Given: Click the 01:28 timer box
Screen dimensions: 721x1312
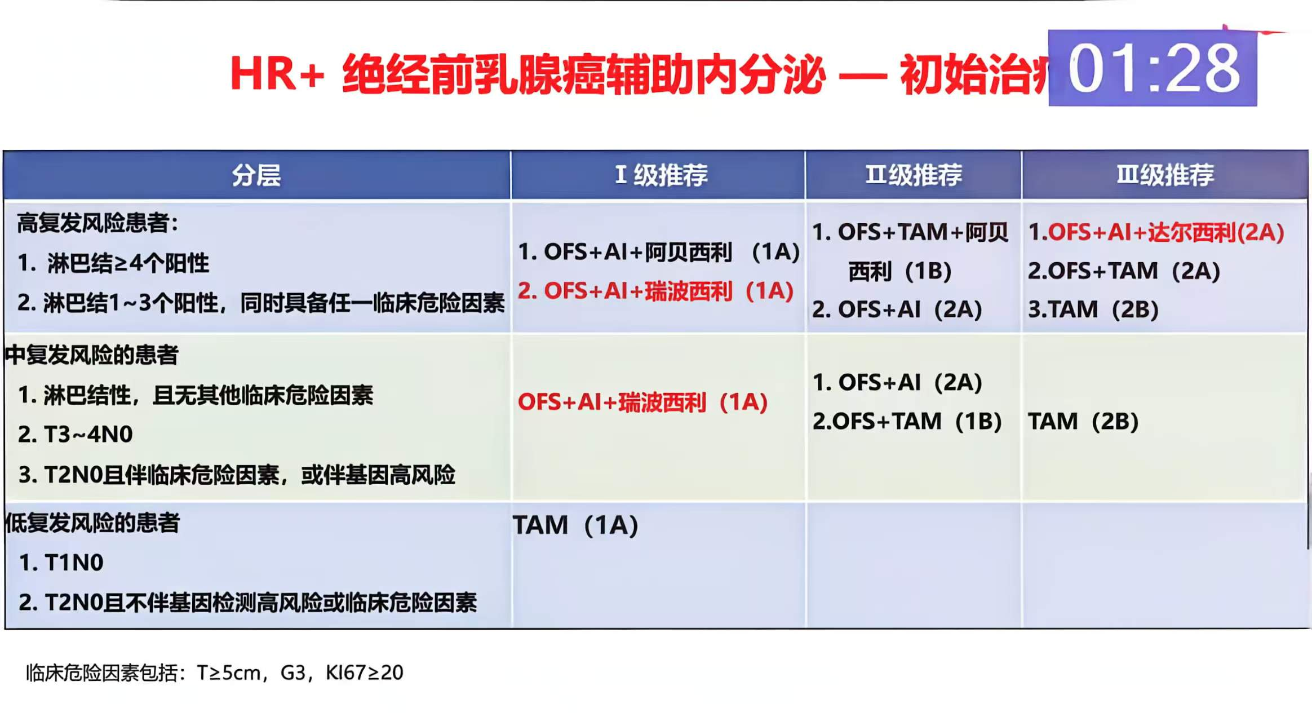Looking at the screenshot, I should point(1152,68).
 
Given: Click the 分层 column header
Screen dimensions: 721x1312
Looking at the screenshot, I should point(256,175).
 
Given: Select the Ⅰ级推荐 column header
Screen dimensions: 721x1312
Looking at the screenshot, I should point(661,175).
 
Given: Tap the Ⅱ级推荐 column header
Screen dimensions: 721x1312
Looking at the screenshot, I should point(913,175).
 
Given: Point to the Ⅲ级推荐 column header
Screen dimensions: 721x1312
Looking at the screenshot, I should point(1165,175).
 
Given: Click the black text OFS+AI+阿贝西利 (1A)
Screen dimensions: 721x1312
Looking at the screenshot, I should point(658,252).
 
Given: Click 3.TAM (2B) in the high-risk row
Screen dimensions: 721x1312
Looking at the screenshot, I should point(1093,309).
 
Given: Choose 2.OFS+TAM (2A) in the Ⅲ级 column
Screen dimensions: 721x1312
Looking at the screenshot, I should point(1124,271).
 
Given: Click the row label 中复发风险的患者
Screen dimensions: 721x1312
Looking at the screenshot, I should point(92,355).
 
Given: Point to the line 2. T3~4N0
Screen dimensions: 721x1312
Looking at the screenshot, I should point(76,435).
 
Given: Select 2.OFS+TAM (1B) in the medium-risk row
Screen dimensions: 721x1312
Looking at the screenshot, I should point(907,422).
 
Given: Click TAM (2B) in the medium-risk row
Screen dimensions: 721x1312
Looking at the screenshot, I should point(1083,422).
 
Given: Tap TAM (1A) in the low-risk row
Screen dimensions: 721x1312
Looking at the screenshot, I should point(575,525).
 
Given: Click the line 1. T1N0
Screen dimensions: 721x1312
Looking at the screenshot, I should point(61,563).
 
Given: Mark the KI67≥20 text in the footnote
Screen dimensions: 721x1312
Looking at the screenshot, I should point(364,673).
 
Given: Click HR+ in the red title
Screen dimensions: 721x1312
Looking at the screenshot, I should point(277,74).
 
